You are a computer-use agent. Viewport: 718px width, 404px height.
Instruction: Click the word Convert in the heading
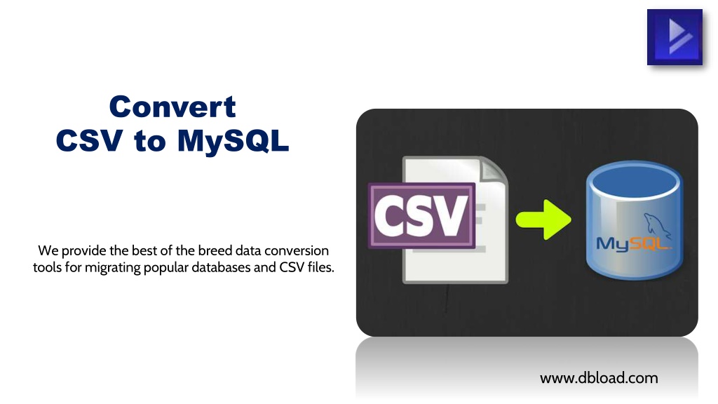[x=172, y=107]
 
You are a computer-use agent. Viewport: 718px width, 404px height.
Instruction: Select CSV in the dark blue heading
[x=89, y=140]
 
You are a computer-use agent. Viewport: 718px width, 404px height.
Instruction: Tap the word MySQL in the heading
[x=233, y=141]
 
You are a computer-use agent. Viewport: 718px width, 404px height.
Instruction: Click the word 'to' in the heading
[x=150, y=141]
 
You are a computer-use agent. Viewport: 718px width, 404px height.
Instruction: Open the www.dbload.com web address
[x=599, y=378]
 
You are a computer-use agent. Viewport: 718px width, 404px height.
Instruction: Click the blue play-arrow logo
[x=675, y=37]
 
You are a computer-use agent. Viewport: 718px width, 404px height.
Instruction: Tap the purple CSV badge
[x=421, y=215]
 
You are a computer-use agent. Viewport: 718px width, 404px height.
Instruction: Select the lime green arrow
[x=543, y=220]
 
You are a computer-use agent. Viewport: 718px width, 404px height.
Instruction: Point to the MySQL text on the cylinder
[x=634, y=243]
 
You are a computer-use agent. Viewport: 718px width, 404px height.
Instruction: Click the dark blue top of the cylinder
[x=635, y=180]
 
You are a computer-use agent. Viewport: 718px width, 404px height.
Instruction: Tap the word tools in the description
[x=47, y=267]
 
